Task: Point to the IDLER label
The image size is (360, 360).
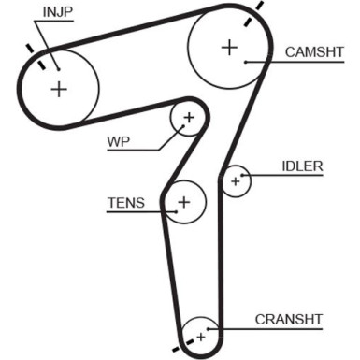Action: pos(302,166)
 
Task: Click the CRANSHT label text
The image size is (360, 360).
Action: pos(289,319)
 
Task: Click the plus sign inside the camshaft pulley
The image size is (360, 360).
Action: pos(229,47)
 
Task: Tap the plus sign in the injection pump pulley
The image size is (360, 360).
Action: pos(60,89)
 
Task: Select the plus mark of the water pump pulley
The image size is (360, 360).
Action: pos(189,118)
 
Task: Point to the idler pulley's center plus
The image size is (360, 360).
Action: pos(237,180)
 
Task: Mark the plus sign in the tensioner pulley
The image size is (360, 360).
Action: pos(184,201)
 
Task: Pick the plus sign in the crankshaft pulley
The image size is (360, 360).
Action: pos(199,332)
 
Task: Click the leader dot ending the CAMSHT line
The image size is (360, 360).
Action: pos(245,62)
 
